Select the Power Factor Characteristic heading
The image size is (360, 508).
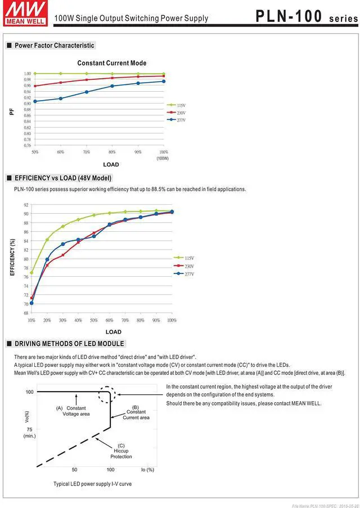pyautogui.click(x=55, y=46)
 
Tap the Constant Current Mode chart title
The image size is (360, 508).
pyautogui.click(x=111, y=63)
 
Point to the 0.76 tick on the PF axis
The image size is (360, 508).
pyautogui.click(x=27, y=146)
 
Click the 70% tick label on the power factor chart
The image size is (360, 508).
pyautogui.click(x=86, y=152)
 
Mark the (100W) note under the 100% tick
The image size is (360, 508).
pyautogui.click(x=163, y=159)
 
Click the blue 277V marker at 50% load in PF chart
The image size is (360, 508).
pyautogui.click(x=35, y=101)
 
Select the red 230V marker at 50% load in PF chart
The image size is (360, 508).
pyautogui.click(x=35, y=86)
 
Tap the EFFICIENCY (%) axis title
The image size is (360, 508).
pyautogui.click(x=12, y=257)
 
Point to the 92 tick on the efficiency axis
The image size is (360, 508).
pyautogui.click(x=26, y=205)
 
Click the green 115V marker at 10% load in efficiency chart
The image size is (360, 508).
pyautogui.click(x=31, y=273)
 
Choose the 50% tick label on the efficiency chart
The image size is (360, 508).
pyautogui.click(x=94, y=320)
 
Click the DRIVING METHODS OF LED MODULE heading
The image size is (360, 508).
pyautogui.click(x=69, y=344)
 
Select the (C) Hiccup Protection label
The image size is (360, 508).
pyautogui.click(x=121, y=451)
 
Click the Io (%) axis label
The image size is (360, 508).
pyautogui.click(x=147, y=470)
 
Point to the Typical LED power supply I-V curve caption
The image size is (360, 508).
pyautogui.click(x=92, y=484)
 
